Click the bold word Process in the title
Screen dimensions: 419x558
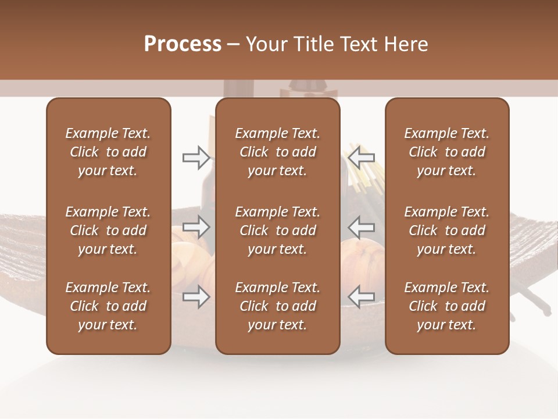tap(183, 44)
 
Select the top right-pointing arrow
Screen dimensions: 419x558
tap(196, 157)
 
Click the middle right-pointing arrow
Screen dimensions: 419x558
tap(196, 226)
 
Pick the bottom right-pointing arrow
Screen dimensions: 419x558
tap(196, 296)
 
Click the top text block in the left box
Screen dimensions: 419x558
tap(108, 152)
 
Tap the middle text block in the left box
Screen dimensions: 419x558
tap(108, 230)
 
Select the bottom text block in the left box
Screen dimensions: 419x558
tap(108, 306)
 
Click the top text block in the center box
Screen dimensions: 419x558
tap(277, 152)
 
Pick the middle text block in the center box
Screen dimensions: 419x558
tap(277, 230)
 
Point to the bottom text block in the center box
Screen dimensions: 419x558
tap(277, 306)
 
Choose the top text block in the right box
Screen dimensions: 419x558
tap(447, 152)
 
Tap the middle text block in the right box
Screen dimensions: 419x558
tap(447, 230)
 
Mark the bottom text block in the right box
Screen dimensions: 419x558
tap(447, 306)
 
